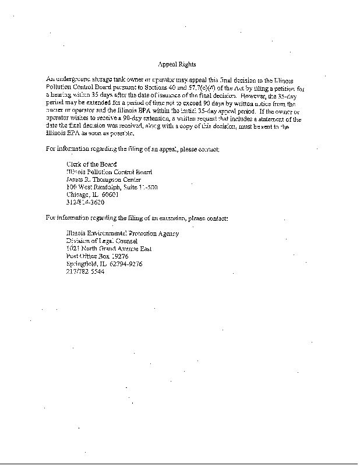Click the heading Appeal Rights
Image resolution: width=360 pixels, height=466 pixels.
click(x=177, y=64)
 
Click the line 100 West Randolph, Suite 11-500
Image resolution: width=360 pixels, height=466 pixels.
click(x=112, y=187)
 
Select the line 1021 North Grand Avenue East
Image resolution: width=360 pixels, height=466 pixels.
click(x=108, y=249)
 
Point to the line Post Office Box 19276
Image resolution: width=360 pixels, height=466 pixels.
click(x=97, y=256)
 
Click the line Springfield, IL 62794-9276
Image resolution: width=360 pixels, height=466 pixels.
click(x=104, y=264)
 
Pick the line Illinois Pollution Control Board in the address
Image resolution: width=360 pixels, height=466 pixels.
click(x=110, y=172)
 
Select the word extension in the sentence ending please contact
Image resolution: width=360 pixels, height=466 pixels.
click(x=165, y=218)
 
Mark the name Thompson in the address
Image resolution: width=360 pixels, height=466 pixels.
click(x=107, y=179)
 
